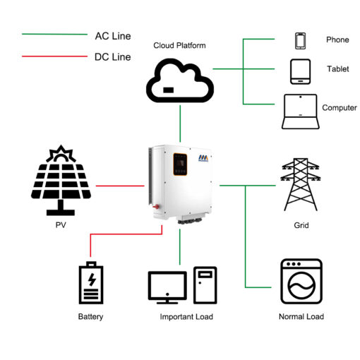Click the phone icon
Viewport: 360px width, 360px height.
click(x=301, y=41)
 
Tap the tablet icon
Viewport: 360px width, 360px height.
click(x=300, y=72)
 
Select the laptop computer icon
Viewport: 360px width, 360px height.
click(x=301, y=112)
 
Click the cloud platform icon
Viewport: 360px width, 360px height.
click(x=180, y=80)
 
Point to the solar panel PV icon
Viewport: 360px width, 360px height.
click(x=61, y=181)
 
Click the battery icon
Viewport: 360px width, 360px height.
click(x=91, y=282)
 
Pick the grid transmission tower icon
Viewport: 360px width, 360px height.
click(x=301, y=184)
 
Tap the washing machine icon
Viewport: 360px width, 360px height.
click(x=301, y=282)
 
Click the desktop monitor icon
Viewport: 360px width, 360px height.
click(x=167, y=287)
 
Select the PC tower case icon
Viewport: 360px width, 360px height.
click(x=205, y=285)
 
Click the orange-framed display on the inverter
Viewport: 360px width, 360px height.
click(x=180, y=164)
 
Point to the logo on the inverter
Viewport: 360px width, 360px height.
click(x=203, y=158)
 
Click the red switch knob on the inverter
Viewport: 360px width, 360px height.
click(x=156, y=207)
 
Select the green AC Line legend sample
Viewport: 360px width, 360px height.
click(x=54, y=35)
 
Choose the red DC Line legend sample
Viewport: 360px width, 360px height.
click(x=54, y=56)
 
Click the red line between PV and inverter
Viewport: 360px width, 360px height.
click(x=120, y=186)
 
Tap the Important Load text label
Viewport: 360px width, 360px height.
click(x=186, y=317)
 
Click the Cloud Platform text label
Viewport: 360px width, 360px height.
click(x=179, y=45)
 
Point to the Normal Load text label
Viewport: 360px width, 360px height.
click(x=301, y=316)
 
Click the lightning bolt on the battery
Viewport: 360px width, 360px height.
click(x=92, y=280)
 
